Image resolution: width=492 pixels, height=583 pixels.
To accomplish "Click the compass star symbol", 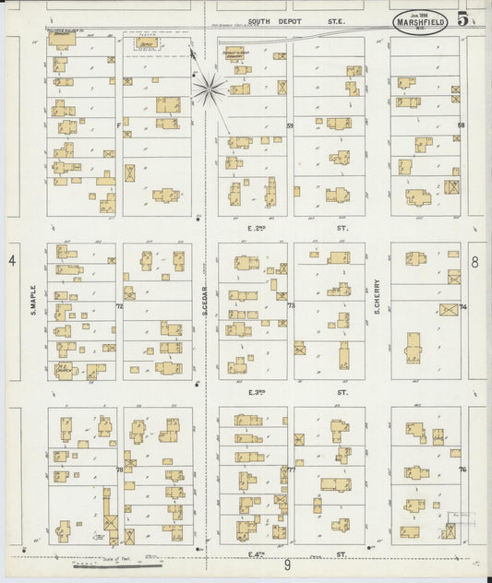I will coord(209,89).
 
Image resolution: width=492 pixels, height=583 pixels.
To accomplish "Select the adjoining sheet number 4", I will coord(12,261).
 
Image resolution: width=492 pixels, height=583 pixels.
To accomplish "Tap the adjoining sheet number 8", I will coord(474,261).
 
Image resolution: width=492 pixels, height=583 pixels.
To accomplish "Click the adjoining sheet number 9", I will coord(288,564).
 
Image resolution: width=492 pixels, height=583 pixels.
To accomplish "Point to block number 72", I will coord(119,305).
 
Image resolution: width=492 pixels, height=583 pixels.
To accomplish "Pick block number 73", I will coord(290,305).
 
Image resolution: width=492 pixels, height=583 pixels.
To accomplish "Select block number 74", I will coord(462,306).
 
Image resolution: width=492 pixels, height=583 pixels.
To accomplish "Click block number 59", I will coord(289,125).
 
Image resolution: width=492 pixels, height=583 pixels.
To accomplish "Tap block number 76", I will coord(462,470).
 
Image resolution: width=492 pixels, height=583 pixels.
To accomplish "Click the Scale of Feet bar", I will coord(102,563).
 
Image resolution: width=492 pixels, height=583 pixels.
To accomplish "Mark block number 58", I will coord(461,125).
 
